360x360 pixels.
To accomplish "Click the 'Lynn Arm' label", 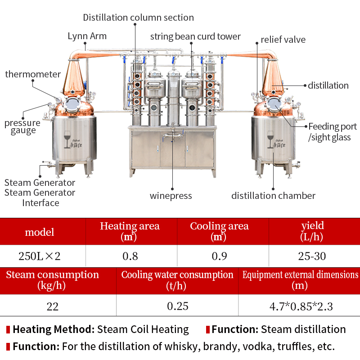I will click(x=87, y=36).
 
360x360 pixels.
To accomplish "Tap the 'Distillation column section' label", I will click(x=138, y=18).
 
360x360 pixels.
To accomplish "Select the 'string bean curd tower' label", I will click(x=195, y=36).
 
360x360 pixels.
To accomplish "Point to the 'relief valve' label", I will click(x=283, y=40).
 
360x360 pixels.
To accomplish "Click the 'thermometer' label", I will click(x=33, y=74).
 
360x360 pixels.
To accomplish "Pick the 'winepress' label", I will click(x=171, y=196).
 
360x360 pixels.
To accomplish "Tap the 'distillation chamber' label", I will click(x=273, y=196).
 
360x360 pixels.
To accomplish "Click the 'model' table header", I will click(x=40, y=232).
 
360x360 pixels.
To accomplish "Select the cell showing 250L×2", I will click(x=40, y=256).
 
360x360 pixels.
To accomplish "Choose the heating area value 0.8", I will click(x=130, y=256).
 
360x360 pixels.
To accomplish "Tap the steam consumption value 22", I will click(x=53, y=306).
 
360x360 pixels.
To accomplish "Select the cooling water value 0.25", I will click(x=177, y=306).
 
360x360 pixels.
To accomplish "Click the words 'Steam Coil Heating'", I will click(x=143, y=329).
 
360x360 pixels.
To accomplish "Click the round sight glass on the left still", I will click(x=71, y=105).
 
